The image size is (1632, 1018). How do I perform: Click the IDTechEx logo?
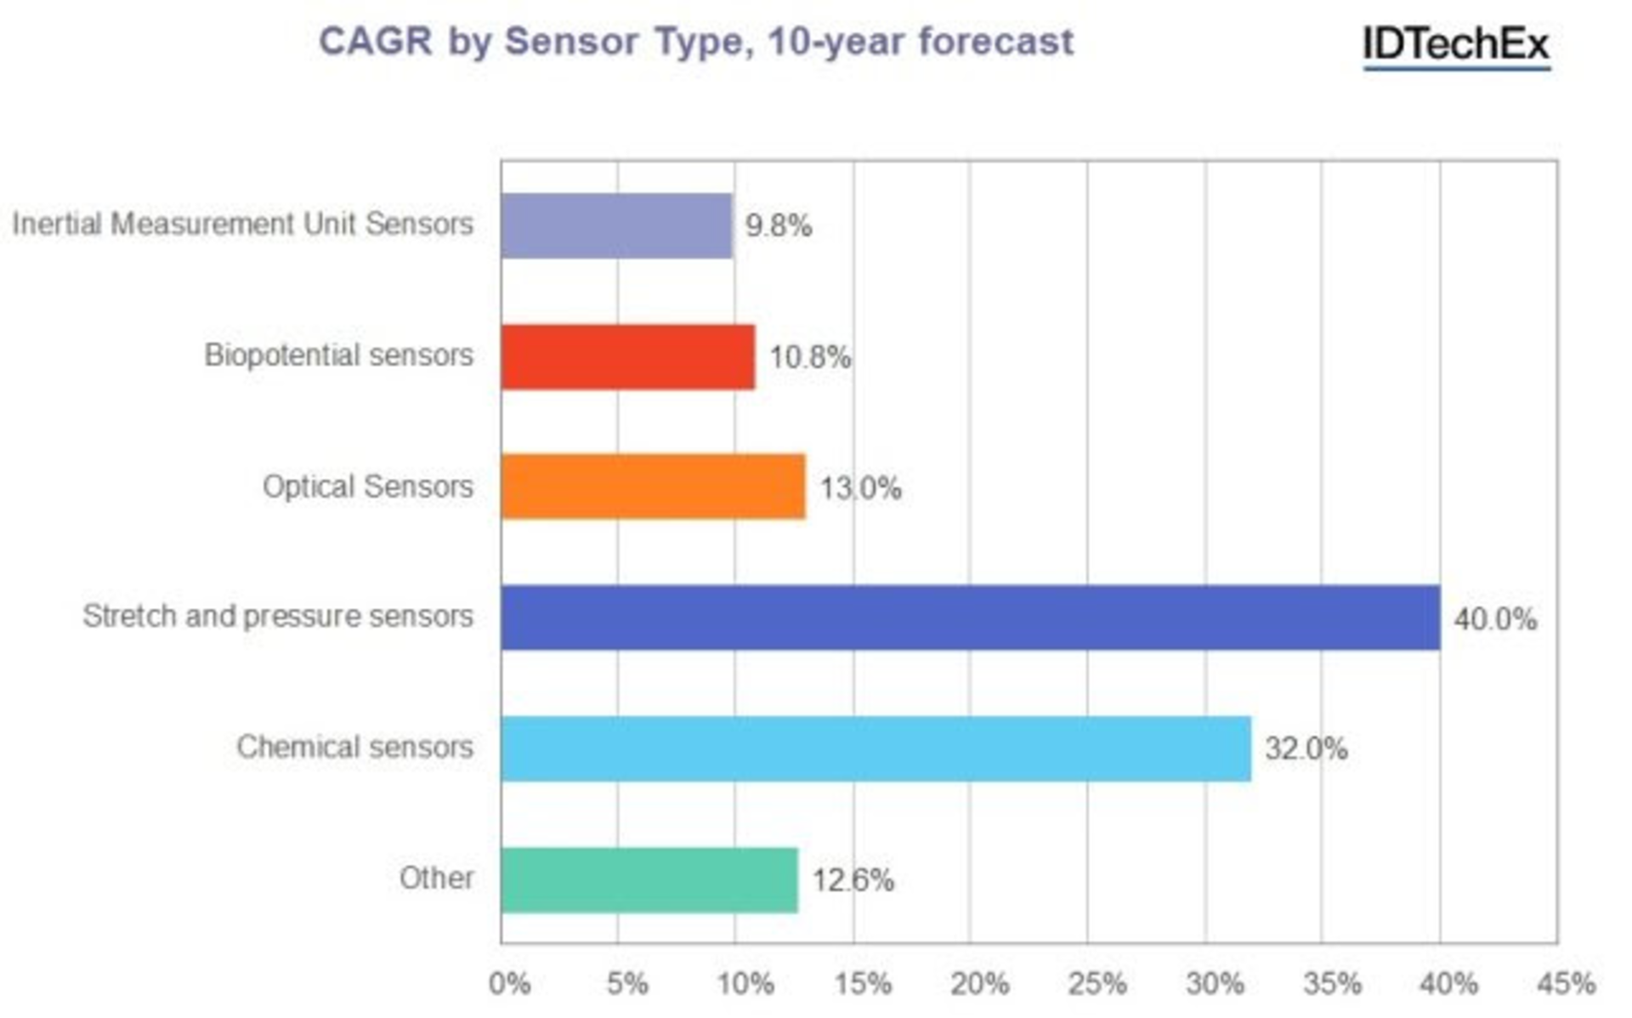click(x=1456, y=44)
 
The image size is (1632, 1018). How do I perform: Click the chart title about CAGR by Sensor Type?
click(x=695, y=42)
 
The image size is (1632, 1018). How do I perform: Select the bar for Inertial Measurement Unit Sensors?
click(x=616, y=225)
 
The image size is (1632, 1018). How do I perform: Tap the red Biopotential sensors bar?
click(x=627, y=356)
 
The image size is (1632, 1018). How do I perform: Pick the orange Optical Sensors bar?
click(x=653, y=486)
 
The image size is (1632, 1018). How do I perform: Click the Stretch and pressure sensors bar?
click(x=970, y=617)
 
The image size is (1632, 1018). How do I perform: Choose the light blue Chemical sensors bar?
click(x=875, y=748)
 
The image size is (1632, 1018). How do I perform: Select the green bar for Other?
click(x=649, y=879)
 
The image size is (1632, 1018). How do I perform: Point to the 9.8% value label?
click(x=778, y=226)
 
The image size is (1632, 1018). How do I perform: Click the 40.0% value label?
click(x=1494, y=619)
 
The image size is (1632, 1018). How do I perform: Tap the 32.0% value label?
click(x=1306, y=749)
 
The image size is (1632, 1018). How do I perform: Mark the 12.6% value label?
click(x=853, y=880)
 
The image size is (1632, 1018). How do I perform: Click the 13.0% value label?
click(x=859, y=488)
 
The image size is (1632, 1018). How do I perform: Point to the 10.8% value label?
click(x=809, y=357)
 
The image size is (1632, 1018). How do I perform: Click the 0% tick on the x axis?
click(x=509, y=984)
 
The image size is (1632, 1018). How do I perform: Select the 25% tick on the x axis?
click(x=1096, y=984)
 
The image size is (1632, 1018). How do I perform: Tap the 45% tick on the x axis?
click(x=1566, y=984)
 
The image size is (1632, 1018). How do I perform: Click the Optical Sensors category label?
click(x=367, y=486)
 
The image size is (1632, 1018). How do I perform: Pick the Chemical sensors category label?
click(x=354, y=747)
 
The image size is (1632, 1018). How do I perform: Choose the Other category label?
click(x=436, y=878)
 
